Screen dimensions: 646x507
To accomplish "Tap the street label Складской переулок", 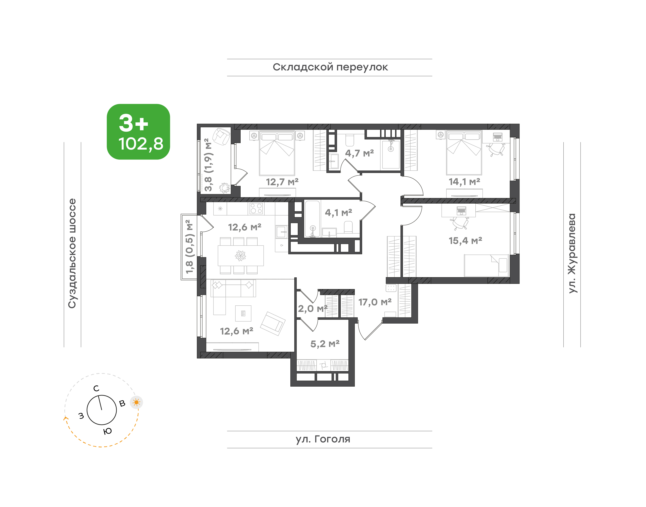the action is click(330, 67).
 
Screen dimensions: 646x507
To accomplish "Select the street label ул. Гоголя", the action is click(323, 439).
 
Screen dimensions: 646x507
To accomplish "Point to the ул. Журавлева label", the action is click(572, 253).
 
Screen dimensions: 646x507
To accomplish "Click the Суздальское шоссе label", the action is click(72, 253).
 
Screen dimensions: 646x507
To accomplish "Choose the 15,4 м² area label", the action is click(465, 240).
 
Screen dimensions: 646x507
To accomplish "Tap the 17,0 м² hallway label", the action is click(375, 302).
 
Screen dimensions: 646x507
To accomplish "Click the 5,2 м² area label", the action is click(325, 344).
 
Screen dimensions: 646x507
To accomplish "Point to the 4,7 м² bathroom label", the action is click(359, 153).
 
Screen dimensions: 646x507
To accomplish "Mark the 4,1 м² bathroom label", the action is click(338, 213).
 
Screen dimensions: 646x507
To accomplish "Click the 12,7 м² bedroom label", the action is click(282, 182).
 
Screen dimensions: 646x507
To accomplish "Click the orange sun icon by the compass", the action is click(136, 403).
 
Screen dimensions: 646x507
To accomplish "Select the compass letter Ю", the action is click(107, 431).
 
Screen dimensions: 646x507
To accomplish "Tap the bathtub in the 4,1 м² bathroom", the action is click(312, 219).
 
